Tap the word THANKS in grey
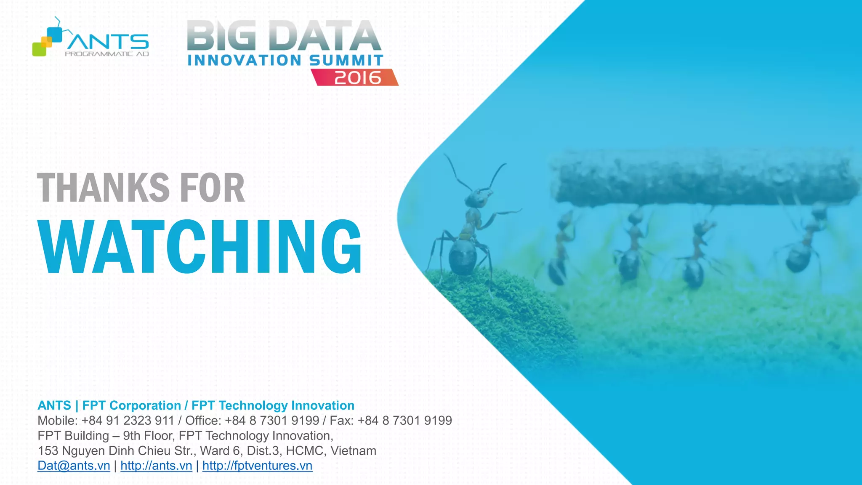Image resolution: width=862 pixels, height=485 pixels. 103,188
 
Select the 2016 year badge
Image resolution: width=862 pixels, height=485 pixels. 357,77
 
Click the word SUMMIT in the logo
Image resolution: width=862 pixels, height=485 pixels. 346,60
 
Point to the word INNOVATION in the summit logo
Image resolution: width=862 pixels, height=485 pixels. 244,60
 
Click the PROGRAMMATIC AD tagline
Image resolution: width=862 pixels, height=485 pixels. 107,54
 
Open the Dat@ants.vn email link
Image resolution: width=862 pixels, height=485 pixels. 74,466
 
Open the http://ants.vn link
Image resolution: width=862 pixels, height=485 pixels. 156,466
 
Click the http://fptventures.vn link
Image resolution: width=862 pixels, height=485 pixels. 257,466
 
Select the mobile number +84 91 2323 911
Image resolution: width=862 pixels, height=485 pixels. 128,421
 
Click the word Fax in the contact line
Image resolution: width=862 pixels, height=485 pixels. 341,421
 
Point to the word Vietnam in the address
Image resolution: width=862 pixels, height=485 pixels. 353,451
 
